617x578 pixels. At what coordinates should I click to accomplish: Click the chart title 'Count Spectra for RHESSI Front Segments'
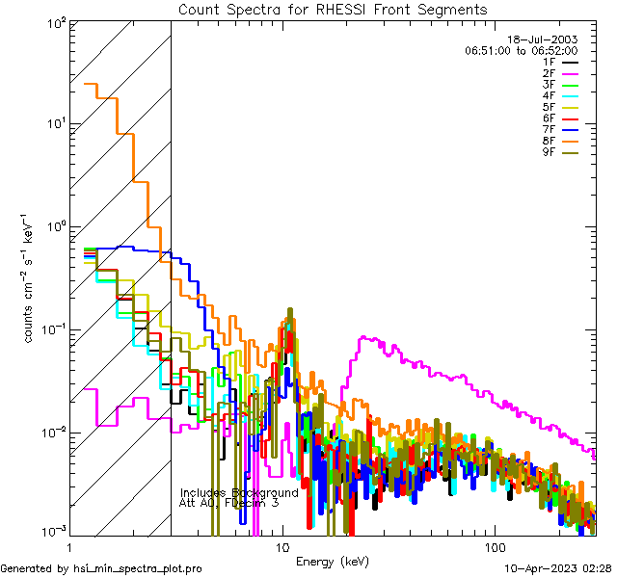pos(333,10)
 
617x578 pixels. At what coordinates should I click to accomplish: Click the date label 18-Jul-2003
pos(542,39)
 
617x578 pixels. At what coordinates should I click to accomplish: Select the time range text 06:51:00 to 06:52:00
pos(521,50)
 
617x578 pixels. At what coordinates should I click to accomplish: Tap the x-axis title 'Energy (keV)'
pos(334,561)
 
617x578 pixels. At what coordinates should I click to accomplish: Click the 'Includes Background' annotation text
pos(239,492)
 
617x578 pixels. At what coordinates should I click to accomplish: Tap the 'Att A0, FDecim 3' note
pos(228,503)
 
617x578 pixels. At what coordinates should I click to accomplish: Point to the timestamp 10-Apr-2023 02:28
pos(558,568)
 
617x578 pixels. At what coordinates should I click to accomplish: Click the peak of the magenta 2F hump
pos(362,337)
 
